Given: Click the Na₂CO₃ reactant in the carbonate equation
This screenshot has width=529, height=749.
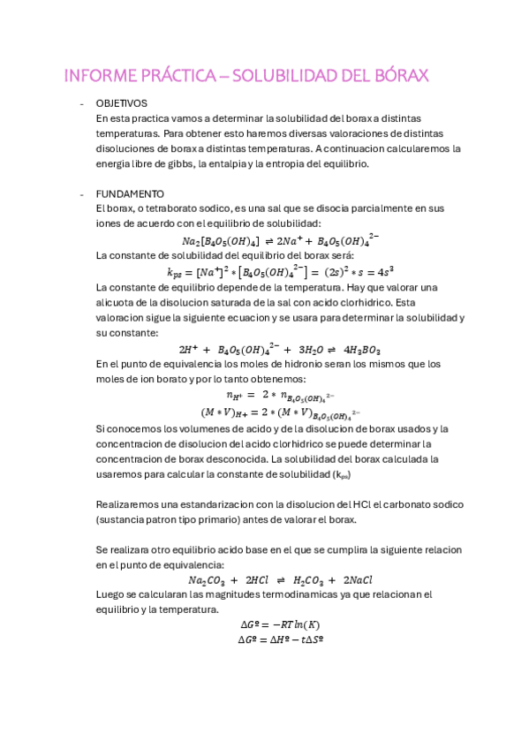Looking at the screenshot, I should [207, 580].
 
